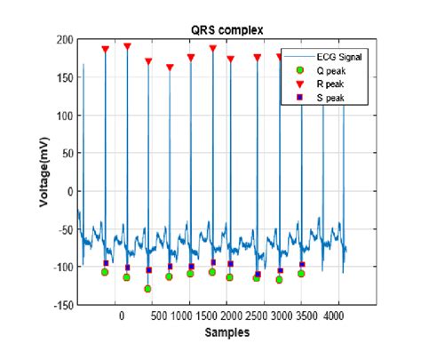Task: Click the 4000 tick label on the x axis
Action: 335,316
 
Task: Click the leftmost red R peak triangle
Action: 105,50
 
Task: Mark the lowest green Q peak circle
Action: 147,289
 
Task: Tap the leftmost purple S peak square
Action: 106,263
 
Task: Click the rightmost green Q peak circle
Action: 301,274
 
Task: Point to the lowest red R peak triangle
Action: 170,68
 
